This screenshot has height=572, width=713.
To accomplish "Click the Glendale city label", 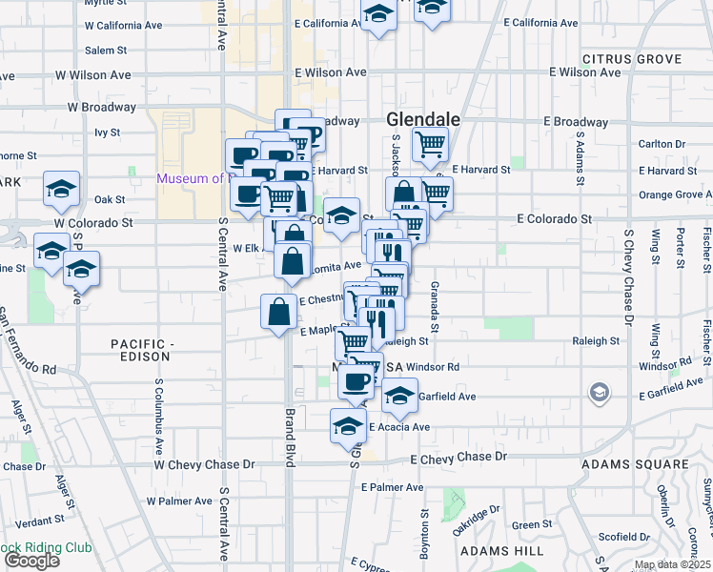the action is [424, 120].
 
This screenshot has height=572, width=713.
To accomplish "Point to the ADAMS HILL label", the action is [492, 551].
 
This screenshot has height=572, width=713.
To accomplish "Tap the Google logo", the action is [31, 561].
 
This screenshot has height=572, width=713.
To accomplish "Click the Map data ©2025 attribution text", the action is [672, 564].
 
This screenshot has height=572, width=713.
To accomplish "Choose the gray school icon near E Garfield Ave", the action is [599, 391].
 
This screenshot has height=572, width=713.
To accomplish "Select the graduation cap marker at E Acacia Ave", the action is [348, 424].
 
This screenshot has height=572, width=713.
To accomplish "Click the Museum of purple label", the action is [191, 178].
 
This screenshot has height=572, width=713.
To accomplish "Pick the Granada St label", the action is [434, 307].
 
